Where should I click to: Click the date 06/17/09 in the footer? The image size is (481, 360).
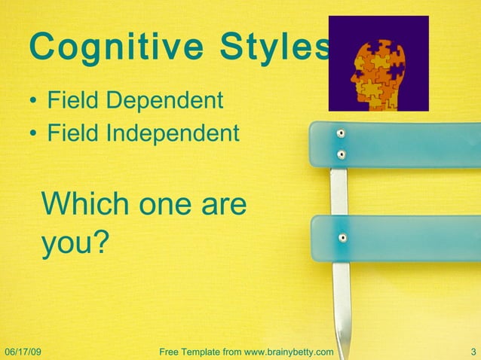[x=23, y=352]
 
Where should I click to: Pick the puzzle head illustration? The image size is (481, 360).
[x=378, y=63]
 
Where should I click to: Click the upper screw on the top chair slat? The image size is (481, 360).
[x=342, y=133]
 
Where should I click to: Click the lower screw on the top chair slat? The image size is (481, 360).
[x=342, y=155]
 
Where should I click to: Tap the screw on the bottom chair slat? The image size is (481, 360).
[x=342, y=237]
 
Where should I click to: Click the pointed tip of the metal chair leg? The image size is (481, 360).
[x=345, y=354]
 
